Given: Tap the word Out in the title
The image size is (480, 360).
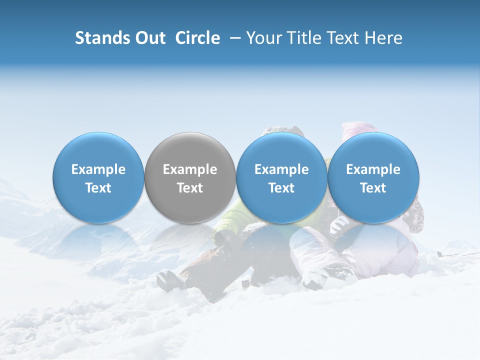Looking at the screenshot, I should pos(148,38).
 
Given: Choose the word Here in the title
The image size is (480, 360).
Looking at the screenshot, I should pos(383,38).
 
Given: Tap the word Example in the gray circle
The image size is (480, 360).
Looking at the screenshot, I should pos(190,169).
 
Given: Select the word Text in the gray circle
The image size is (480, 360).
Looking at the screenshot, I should pos(190,188).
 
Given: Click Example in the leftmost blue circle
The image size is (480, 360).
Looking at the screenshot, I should pos(98,169).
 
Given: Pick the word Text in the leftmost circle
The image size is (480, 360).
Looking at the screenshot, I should pos(98,188).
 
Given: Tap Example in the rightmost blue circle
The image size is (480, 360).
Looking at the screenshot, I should pos(373,169).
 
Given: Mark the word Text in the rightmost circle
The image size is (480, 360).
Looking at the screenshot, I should pos(373,188).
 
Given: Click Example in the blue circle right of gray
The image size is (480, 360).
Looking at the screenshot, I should pos(281,169).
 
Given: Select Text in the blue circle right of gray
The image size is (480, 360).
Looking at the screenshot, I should pos(281,188).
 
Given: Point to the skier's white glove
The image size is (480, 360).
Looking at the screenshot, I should pos(339,224).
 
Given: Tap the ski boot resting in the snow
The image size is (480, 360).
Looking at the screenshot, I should pos(170,280).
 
